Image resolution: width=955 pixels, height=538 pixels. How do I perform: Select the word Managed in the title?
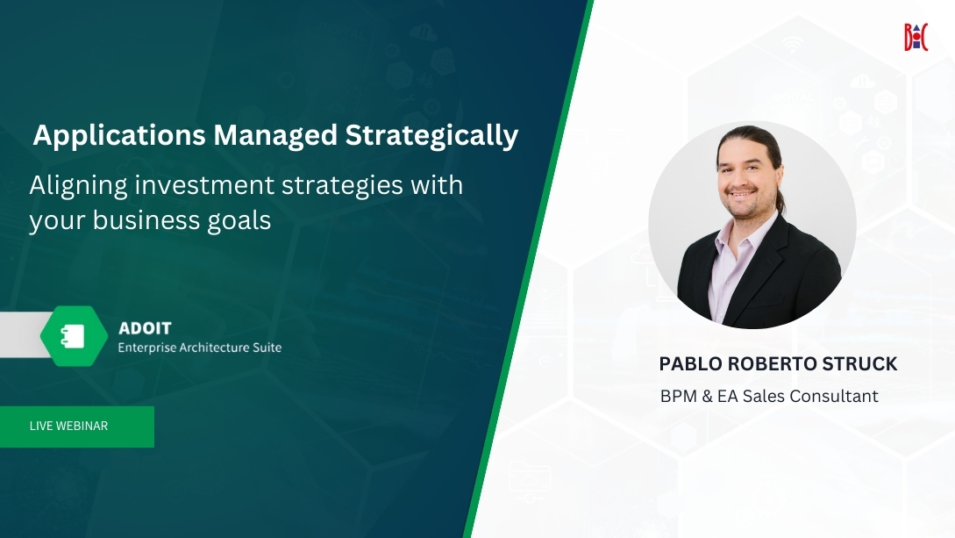[x=275, y=136]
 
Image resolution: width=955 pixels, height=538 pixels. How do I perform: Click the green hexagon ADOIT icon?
[x=74, y=336]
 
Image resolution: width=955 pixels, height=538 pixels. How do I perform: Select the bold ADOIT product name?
[x=145, y=328]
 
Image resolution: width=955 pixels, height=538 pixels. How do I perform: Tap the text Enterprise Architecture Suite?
[x=200, y=348]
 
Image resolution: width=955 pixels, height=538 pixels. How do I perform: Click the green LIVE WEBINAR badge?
[x=77, y=427]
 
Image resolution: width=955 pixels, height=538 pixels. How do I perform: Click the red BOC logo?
[x=916, y=37]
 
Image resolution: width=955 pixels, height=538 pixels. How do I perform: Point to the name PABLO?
[x=691, y=363]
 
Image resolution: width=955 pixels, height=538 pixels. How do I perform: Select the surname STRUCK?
[x=859, y=363]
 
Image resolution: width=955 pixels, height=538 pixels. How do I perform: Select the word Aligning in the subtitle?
[x=79, y=186]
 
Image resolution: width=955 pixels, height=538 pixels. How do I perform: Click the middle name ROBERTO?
[x=773, y=363]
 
